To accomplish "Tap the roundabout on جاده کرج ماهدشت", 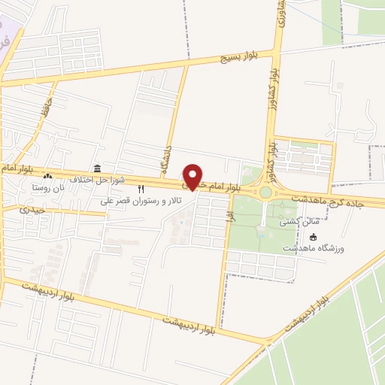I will [266, 192].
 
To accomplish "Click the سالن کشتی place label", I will [300, 222].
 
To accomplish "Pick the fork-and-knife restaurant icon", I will [141, 189].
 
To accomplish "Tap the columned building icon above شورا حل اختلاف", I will [96, 168].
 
